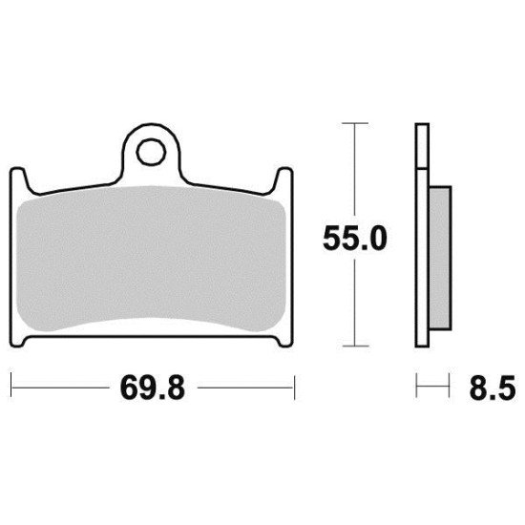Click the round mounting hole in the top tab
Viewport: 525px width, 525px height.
click(x=150, y=151)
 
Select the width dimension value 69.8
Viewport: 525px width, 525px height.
click(x=153, y=388)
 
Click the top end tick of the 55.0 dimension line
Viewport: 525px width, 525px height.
click(x=354, y=124)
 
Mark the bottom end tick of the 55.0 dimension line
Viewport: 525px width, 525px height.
click(x=354, y=346)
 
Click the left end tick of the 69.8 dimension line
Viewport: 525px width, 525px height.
click(x=11, y=388)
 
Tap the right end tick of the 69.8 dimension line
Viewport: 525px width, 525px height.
click(x=293, y=388)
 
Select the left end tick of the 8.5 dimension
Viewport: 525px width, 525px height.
click(x=416, y=388)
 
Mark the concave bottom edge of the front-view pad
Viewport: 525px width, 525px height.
click(x=153, y=328)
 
